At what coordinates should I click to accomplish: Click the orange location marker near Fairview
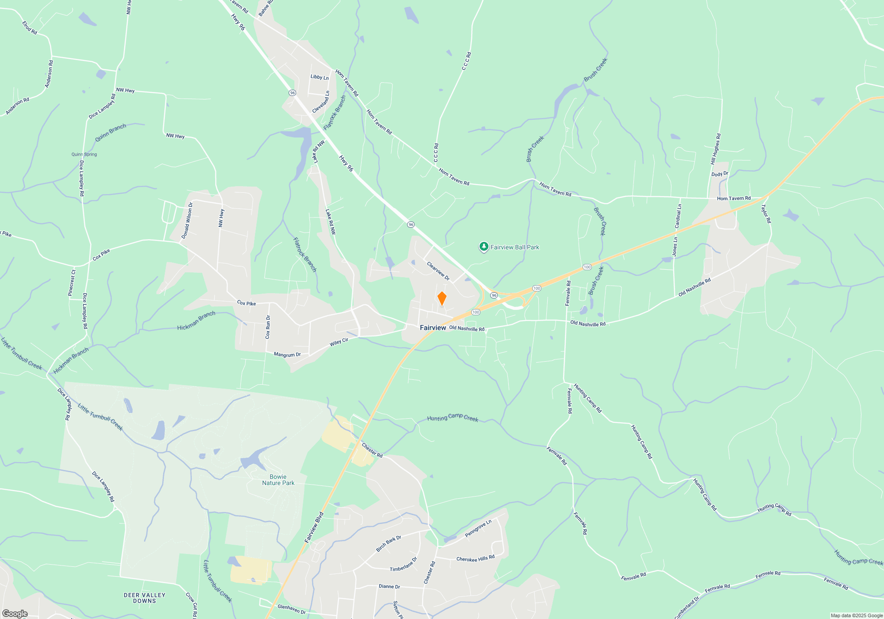coord(442,299)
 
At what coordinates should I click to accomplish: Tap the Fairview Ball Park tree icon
coord(484,247)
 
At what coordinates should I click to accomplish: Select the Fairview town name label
coord(433,328)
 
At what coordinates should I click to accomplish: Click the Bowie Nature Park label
coord(278,480)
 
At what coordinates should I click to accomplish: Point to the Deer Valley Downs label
coord(145,598)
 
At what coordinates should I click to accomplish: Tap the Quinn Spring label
coord(84,154)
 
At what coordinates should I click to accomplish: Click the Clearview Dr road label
coord(438,271)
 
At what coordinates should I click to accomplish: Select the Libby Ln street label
coord(320,77)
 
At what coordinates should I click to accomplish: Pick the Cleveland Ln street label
coord(321,102)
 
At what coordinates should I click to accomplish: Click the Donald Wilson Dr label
coord(187,221)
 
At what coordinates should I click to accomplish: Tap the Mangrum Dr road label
coord(287,355)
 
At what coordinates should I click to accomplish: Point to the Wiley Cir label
coord(339,342)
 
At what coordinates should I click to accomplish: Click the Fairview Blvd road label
coord(314,527)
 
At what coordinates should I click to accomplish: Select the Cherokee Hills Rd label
coord(475,558)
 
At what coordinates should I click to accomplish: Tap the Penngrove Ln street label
coord(478,529)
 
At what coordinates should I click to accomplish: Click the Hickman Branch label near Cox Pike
coord(196,321)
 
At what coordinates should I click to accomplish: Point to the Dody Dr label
coord(720,174)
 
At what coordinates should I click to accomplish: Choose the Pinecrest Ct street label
coord(72,283)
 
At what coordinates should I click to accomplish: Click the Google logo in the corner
coord(15,613)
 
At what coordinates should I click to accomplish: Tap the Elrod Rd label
coord(30,28)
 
